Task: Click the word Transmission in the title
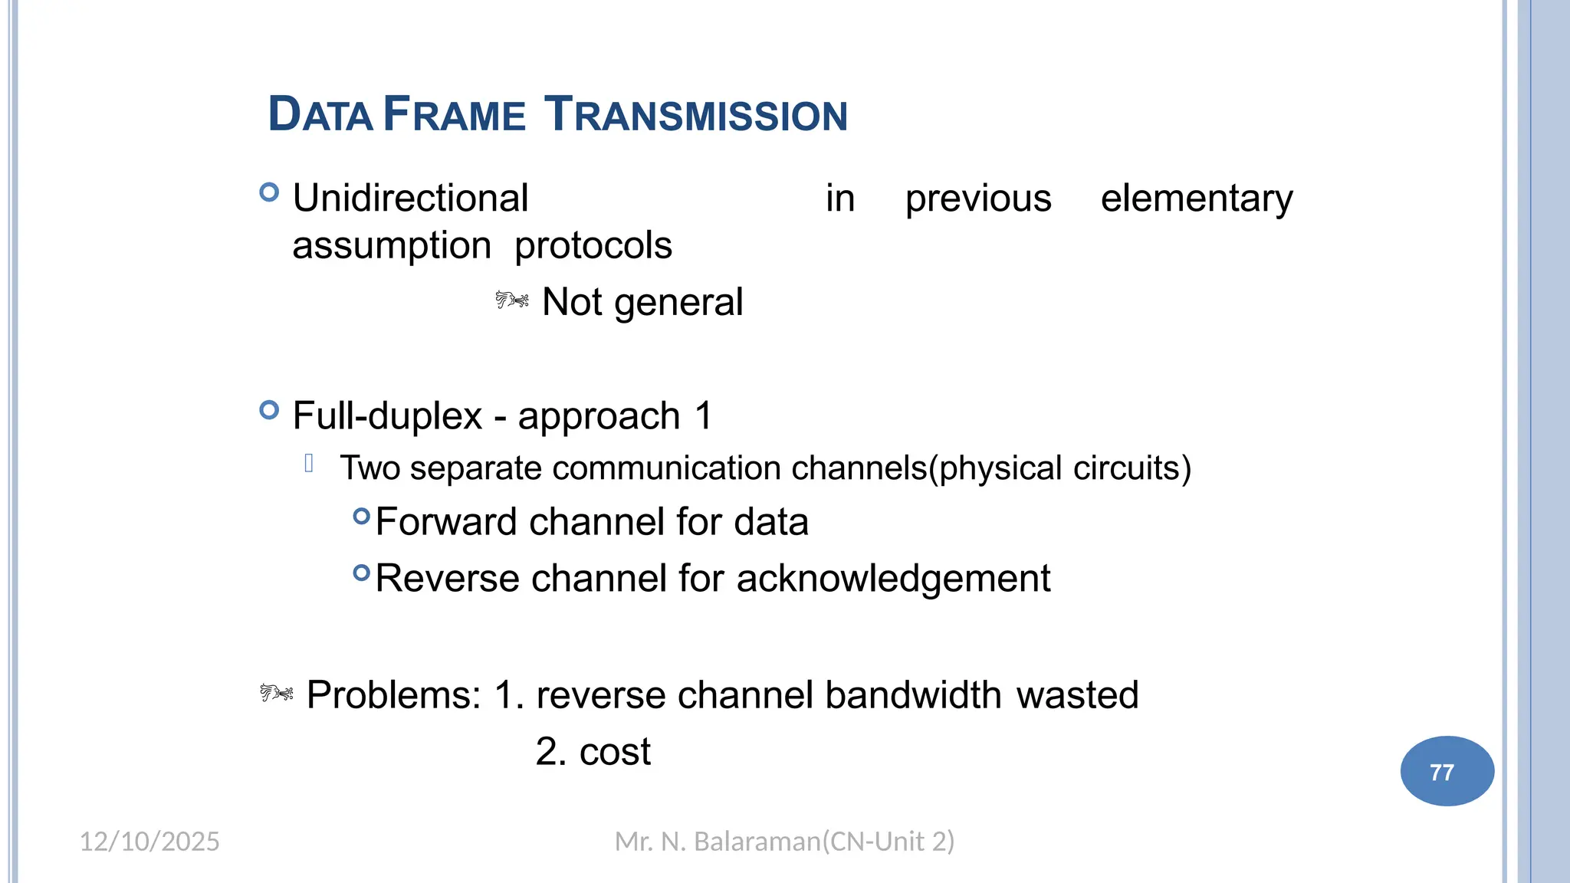[695, 115]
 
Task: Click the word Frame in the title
[454, 115]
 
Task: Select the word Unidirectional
[410, 199]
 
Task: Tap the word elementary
[1196, 199]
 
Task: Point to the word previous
[977, 199]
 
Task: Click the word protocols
[593, 246]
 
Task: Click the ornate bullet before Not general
[511, 300]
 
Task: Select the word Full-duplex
[387, 416]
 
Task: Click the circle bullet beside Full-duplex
[269, 410]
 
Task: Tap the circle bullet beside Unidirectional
[269, 192]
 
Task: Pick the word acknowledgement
[893, 579]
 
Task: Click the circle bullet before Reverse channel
[361, 573]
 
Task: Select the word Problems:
[393, 695]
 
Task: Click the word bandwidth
[913, 695]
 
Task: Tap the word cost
[615, 752]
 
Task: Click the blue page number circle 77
[1447, 771]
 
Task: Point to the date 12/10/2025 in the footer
[149, 842]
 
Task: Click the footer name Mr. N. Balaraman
[717, 842]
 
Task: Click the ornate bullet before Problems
[276, 694]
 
